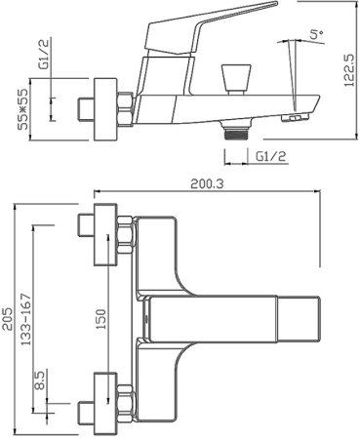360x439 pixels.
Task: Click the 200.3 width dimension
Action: [207, 184]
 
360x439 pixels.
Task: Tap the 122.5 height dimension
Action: [349, 70]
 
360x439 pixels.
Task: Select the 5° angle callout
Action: [316, 34]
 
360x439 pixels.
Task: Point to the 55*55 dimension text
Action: [23, 109]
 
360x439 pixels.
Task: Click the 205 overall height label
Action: [8, 319]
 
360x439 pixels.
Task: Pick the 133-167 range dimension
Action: [25, 319]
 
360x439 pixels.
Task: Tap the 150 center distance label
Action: [100, 319]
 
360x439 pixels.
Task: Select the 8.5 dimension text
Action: [40, 381]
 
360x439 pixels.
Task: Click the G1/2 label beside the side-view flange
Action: [44, 54]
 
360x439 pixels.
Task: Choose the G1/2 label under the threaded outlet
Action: [270, 157]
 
